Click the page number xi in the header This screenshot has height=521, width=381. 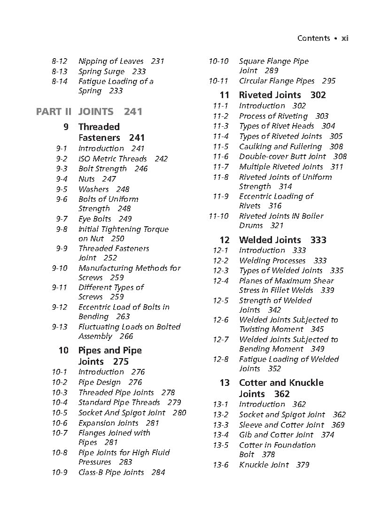pyautogui.click(x=344, y=38)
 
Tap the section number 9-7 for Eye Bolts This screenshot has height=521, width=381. pyautogui.click(x=62, y=219)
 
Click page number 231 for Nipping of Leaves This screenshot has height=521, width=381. pyautogui.click(x=158, y=61)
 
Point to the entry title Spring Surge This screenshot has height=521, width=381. pyautogui.click(x=101, y=71)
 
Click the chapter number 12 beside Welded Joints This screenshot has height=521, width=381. pyautogui.click(x=224, y=240)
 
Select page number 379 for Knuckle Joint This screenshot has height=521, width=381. pyautogui.click(x=303, y=465)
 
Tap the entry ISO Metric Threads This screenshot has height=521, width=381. pyautogui.click(x=113, y=159)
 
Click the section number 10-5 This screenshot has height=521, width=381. pyautogui.click(x=60, y=413)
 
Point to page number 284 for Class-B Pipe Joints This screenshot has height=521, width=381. pyautogui.click(x=158, y=472)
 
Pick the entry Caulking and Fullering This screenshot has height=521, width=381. pyautogui.click(x=280, y=146)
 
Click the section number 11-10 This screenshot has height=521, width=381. pyautogui.click(x=218, y=216)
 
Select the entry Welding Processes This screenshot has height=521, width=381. pyautogui.click(x=272, y=260)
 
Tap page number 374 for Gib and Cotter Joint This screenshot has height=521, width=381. pyautogui.click(x=328, y=435)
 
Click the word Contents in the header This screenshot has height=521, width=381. pyautogui.click(x=313, y=38)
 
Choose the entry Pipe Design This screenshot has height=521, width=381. pyautogui.click(x=100, y=382)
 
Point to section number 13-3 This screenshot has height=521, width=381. pyautogui.click(x=220, y=425)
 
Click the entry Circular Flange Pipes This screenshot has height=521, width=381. pyautogui.click(x=277, y=81)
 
